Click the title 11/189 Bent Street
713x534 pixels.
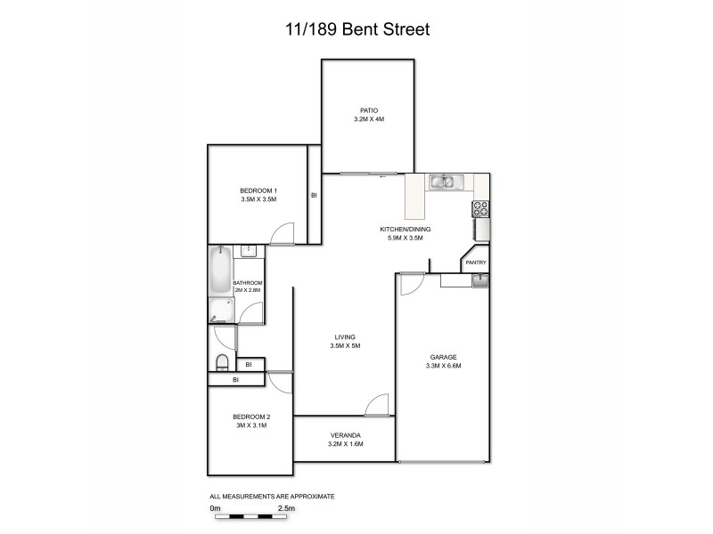[356, 29]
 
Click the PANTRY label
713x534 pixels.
[475, 263]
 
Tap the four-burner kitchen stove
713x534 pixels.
[480, 209]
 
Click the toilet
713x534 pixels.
[222, 361]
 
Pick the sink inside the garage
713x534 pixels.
[479, 281]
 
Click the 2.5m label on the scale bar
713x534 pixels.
[286, 508]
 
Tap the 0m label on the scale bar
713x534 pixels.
[214, 508]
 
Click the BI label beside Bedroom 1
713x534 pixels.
[314, 195]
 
